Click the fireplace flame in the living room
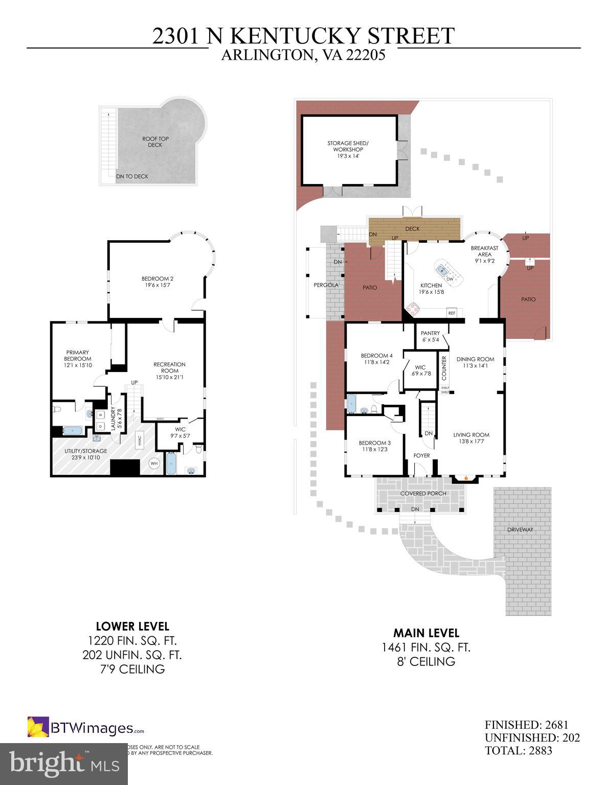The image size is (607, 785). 465,478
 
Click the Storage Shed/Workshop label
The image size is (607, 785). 348,146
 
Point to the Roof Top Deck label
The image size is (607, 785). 155,142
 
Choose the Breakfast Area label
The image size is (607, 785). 484,251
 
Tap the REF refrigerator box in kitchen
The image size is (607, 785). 452,313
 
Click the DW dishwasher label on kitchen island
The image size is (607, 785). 449,279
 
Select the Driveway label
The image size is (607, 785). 520,529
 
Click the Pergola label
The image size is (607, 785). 326,285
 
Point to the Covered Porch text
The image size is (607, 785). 423,494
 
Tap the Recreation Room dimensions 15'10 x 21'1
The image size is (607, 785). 169,377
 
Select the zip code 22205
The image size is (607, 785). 364,55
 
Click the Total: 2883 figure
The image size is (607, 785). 518,750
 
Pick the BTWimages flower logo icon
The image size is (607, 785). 38,727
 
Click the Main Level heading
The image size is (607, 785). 425,633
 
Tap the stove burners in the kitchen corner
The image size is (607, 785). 412,309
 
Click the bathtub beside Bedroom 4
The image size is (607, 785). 352,404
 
